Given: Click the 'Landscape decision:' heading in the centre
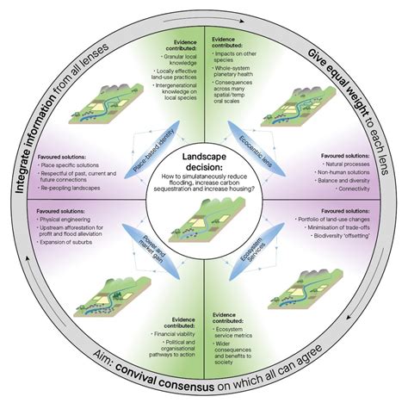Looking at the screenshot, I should [204, 157].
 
